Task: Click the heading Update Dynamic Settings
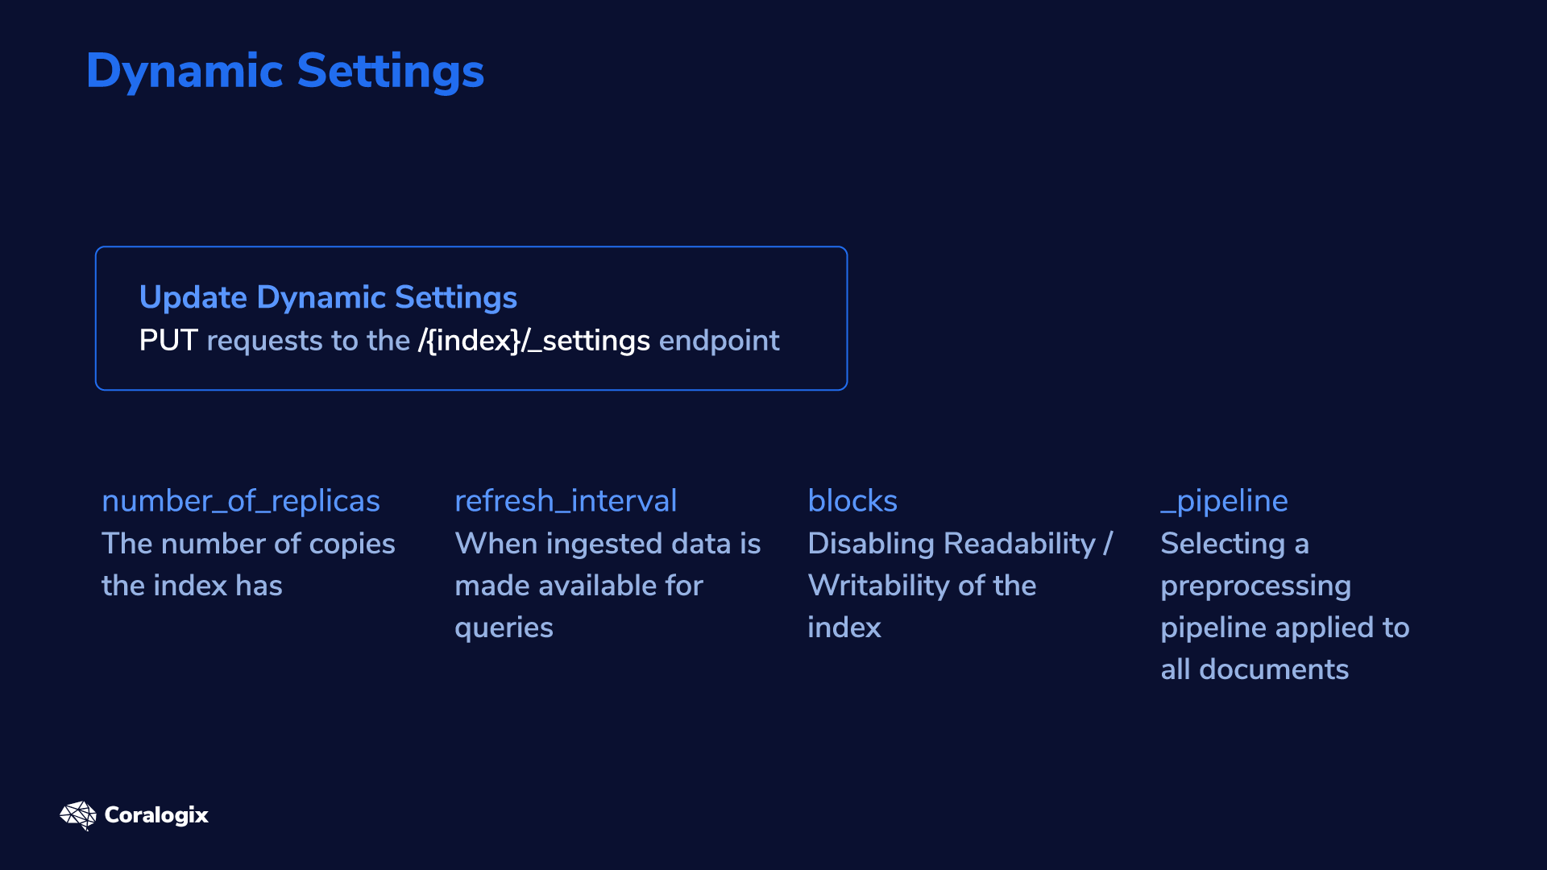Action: [x=328, y=298]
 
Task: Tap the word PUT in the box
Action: [x=168, y=341]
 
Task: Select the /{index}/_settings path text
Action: [x=533, y=341]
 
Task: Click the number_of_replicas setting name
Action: [x=241, y=501]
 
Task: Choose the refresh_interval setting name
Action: [x=566, y=501]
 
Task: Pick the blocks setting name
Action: [x=852, y=501]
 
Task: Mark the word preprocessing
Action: [x=1255, y=586]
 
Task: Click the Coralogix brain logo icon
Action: [x=78, y=815]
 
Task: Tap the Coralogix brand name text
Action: [x=156, y=815]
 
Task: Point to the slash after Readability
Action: [x=1108, y=544]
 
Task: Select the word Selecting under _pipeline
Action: [x=1222, y=545]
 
